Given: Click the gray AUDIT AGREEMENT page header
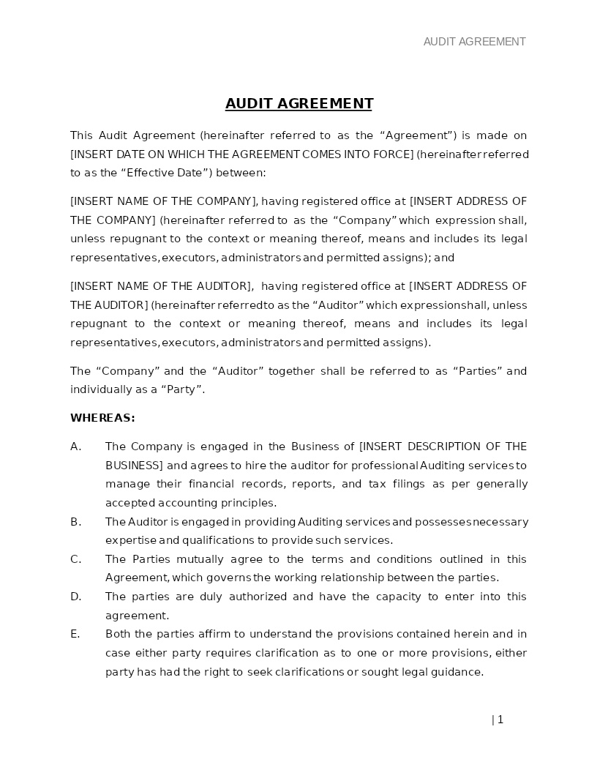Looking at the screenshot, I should (x=474, y=42).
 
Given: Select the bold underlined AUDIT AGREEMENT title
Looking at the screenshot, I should (x=298, y=103).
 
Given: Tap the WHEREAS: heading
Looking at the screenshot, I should (x=102, y=418).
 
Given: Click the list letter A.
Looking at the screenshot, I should (x=75, y=447).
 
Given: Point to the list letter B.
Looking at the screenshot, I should (x=75, y=522).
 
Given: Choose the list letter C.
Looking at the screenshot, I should (x=75, y=559).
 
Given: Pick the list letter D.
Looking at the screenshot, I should (x=75, y=597).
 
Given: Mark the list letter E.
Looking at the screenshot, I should (x=75, y=634).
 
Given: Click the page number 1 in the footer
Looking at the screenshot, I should (x=500, y=720).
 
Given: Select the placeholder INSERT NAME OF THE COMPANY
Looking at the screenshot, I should (x=163, y=201).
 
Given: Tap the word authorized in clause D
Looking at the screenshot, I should (x=256, y=597).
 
